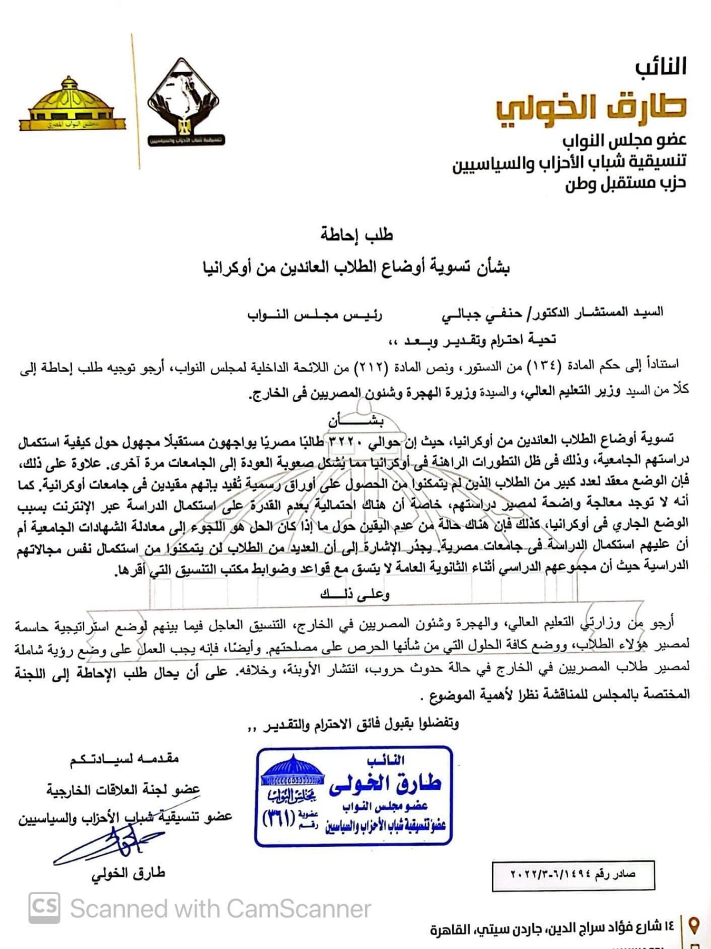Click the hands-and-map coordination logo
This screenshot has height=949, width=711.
(183, 103)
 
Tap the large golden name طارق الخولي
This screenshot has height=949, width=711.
(590, 106)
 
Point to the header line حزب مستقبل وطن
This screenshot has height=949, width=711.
(625, 183)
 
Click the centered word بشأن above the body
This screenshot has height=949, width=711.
(356, 421)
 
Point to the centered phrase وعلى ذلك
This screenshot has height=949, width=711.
(355, 594)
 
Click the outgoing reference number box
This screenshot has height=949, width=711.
(573, 875)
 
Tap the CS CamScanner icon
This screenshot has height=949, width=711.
(44, 908)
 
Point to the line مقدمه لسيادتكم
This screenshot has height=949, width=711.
(124, 759)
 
